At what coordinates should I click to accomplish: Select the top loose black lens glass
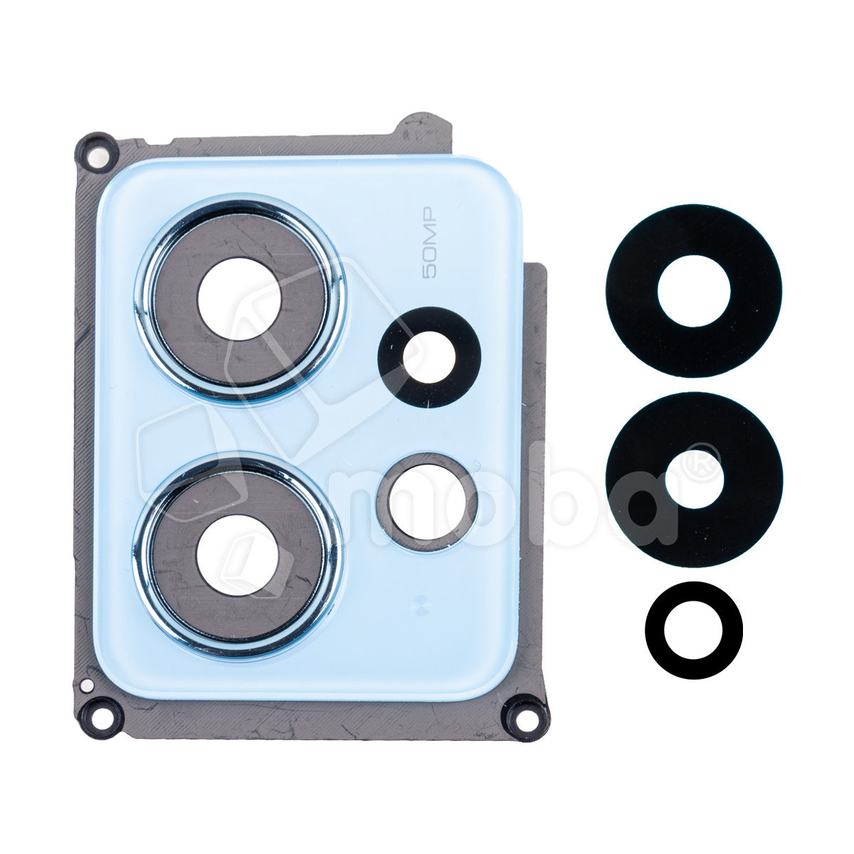pos(694,291)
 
